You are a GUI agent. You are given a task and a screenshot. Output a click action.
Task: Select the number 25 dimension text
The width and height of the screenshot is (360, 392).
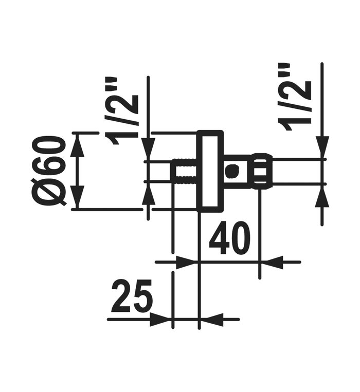132,296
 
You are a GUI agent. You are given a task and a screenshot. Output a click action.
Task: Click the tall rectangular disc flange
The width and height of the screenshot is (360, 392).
210,171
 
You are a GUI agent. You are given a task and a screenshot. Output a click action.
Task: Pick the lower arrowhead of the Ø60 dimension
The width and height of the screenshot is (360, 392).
77,198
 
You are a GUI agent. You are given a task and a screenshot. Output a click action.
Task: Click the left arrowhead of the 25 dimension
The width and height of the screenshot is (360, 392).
161,320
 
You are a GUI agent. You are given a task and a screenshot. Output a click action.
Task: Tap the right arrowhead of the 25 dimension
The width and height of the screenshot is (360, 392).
210,320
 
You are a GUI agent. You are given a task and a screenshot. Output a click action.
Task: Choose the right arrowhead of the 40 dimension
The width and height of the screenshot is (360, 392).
271,262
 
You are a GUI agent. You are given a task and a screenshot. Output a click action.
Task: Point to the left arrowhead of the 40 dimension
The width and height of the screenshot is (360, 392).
186,262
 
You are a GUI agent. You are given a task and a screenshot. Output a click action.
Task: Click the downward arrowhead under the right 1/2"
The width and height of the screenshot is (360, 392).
322,149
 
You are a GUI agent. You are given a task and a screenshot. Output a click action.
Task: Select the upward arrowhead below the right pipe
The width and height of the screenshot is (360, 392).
322,194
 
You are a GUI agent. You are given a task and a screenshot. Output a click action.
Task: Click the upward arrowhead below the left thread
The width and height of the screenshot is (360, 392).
148,194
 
